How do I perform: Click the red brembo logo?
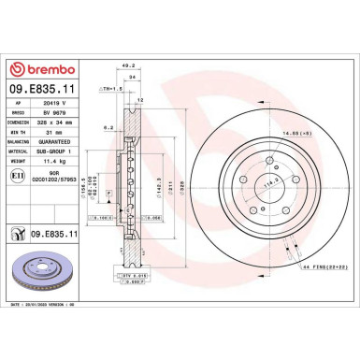(x=44, y=70)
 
